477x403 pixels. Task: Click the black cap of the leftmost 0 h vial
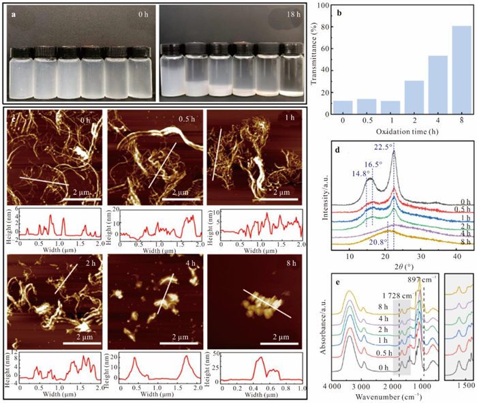pos(22,53)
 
